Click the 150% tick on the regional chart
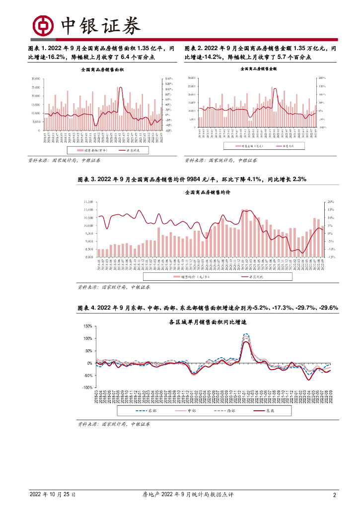(87, 326)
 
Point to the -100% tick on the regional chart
(86, 387)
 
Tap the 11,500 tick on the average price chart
(88, 202)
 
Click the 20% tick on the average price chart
(332, 202)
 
